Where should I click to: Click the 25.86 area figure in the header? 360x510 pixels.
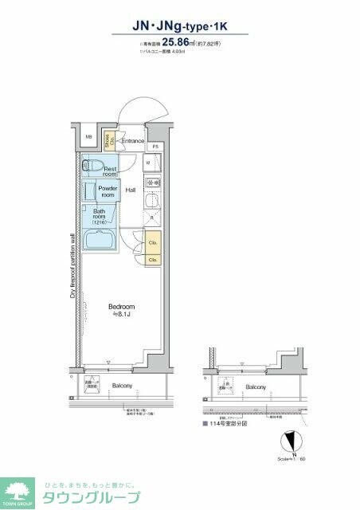(x=180, y=44)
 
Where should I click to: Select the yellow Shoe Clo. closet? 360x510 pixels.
(x=104, y=140)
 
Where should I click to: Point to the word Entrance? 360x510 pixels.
(x=132, y=141)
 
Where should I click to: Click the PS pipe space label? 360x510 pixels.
(x=156, y=147)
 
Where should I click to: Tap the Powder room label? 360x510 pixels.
(x=107, y=192)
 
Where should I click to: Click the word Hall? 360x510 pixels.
(x=130, y=189)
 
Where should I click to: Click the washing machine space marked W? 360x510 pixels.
(x=148, y=163)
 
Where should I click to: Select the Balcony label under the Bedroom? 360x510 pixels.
(x=122, y=386)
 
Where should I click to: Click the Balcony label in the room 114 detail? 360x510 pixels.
(x=256, y=387)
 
